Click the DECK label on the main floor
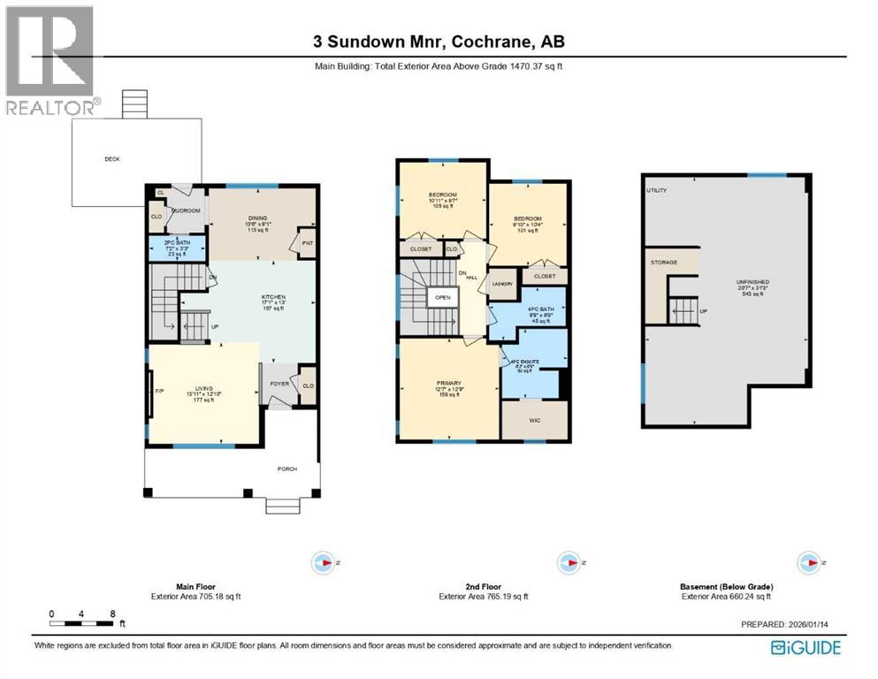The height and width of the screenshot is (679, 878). pos(111,159)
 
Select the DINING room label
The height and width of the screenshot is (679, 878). pos(257,217)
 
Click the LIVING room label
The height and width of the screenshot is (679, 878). pos(204,390)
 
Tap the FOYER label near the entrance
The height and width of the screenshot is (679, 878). pos(279,385)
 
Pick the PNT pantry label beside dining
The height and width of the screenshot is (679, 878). pos(307,243)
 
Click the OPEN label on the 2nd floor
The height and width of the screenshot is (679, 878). pos(442,298)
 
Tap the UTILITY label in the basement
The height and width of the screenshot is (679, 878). pos(656,190)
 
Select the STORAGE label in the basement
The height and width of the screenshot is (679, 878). pos(664,263)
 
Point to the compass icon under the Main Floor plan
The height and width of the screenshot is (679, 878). pos(324,562)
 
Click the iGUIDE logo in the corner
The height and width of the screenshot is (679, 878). pos(805,647)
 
